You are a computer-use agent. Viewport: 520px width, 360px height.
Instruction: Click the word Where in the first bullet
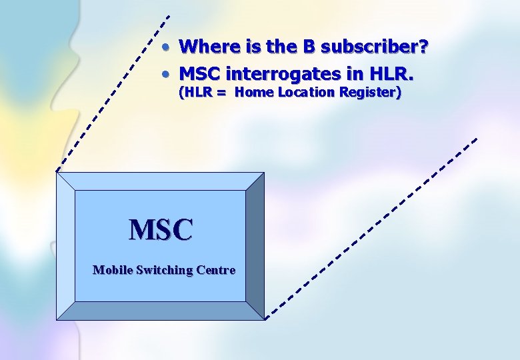point(203,47)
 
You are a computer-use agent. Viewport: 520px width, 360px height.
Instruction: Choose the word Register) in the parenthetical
point(370,93)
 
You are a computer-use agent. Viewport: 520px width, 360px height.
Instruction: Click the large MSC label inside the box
point(161,230)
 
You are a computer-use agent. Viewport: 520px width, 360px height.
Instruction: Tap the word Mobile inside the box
point(112,270)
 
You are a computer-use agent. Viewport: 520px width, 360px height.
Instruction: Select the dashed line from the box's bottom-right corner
point(373,227)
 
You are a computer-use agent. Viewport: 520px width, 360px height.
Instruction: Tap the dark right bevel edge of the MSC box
point(255,245)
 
